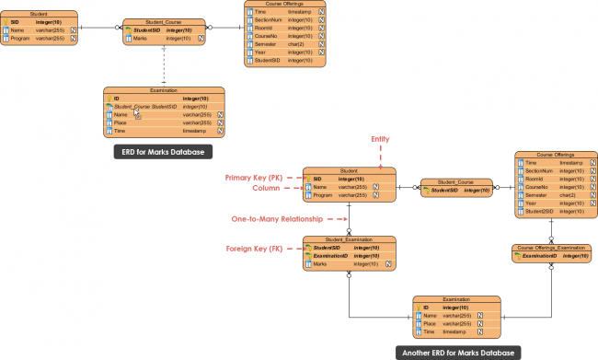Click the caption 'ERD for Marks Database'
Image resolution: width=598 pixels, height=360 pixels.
click(163, 151)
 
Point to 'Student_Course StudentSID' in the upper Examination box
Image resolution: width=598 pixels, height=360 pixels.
click(151, 106)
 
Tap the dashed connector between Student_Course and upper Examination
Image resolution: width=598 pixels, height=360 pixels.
click(164, 64)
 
